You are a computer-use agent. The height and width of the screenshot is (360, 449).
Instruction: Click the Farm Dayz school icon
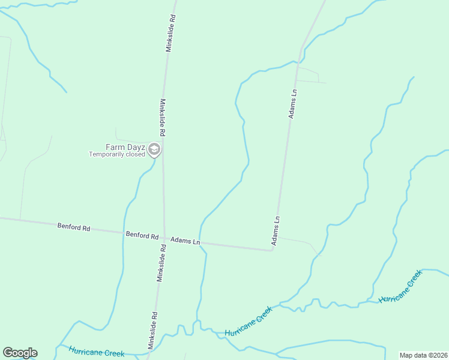point(154,149)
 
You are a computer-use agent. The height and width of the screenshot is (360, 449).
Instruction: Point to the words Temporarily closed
point(117,154)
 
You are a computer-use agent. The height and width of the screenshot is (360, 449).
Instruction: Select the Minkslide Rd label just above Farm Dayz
point(162,117)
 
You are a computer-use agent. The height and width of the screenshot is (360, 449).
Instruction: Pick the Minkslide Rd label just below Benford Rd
point(161,263)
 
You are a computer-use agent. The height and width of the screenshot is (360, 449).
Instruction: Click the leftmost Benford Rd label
point(74,227)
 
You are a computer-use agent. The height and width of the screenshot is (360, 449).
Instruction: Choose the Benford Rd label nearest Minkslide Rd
point(142,235)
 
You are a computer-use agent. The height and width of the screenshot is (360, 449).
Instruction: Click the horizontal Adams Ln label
point(185,241)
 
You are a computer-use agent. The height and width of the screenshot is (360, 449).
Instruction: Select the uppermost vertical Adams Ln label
point(293,103)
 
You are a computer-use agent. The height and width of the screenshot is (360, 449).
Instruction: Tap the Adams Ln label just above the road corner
point(277,231)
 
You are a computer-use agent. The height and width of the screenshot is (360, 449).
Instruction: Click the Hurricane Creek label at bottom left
point(96,352)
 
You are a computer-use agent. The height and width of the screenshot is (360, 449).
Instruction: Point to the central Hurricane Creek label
point(249,321)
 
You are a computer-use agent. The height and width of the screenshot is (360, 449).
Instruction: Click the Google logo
point(20,353)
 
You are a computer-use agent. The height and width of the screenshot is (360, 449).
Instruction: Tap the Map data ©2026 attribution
point(423,355)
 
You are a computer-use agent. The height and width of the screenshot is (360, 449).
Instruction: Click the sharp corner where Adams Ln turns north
point(273,250)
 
